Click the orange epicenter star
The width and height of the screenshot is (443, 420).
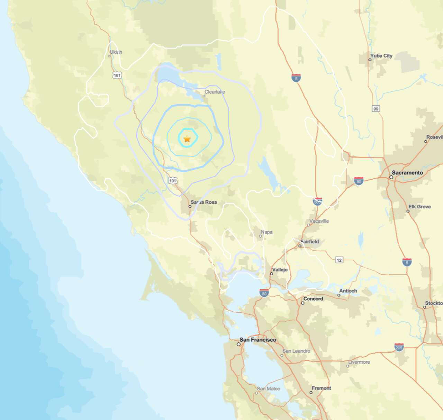[187, 139]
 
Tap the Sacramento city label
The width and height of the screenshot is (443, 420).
[407, 172]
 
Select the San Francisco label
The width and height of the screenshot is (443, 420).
[258, 340]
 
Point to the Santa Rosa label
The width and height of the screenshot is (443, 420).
[204, 202]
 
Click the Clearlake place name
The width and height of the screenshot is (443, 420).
[215, 92]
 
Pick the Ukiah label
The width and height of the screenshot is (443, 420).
[116, 52]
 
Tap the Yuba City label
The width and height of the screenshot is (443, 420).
[381, 55]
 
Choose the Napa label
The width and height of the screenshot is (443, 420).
[266, 232]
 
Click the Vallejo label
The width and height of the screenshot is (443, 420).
[280, 269]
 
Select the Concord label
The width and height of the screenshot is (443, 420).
[313, 298]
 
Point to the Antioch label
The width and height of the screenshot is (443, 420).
[348, 291]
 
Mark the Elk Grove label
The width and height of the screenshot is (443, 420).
[419, 206]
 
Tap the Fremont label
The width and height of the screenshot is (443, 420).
[321, 388]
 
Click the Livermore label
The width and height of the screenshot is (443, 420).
[359, 362]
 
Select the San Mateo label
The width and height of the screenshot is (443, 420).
[269, 388]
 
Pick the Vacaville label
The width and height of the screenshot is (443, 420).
[319, 221]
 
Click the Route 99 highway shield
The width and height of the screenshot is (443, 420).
[376, 109]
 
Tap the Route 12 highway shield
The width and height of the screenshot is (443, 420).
[339, 260]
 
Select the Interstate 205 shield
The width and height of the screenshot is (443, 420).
[399, 347]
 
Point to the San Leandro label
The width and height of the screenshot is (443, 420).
[296, 351]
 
